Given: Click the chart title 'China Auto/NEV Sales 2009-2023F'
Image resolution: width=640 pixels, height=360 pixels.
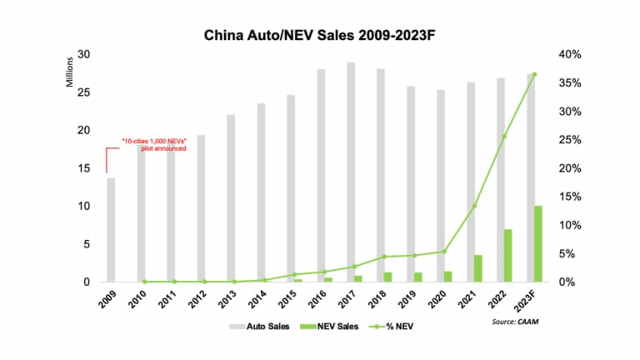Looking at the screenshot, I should pyautogui.click(x=319, y=37).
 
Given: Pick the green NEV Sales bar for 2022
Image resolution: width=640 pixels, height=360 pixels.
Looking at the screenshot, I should pyautogui.click(x=508, y=255).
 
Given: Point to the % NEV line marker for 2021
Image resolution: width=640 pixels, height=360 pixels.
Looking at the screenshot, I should pyautogui.click(x=474, y=206).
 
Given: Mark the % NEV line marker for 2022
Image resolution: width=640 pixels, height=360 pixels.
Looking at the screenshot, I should pyautogui.click(x=504, y=136).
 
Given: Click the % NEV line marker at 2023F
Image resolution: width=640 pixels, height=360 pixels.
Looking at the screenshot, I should pyautogui.click(x=534, y=74).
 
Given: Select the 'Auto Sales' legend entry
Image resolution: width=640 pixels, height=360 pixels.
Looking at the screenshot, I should pyautogui.click(x=261, y=326).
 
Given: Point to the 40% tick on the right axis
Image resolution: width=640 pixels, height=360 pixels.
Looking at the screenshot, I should pyautogui.click(x=570, y=55).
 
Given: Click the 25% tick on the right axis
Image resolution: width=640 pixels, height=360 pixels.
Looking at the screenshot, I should pyautogui.click(x=570, y=140).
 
